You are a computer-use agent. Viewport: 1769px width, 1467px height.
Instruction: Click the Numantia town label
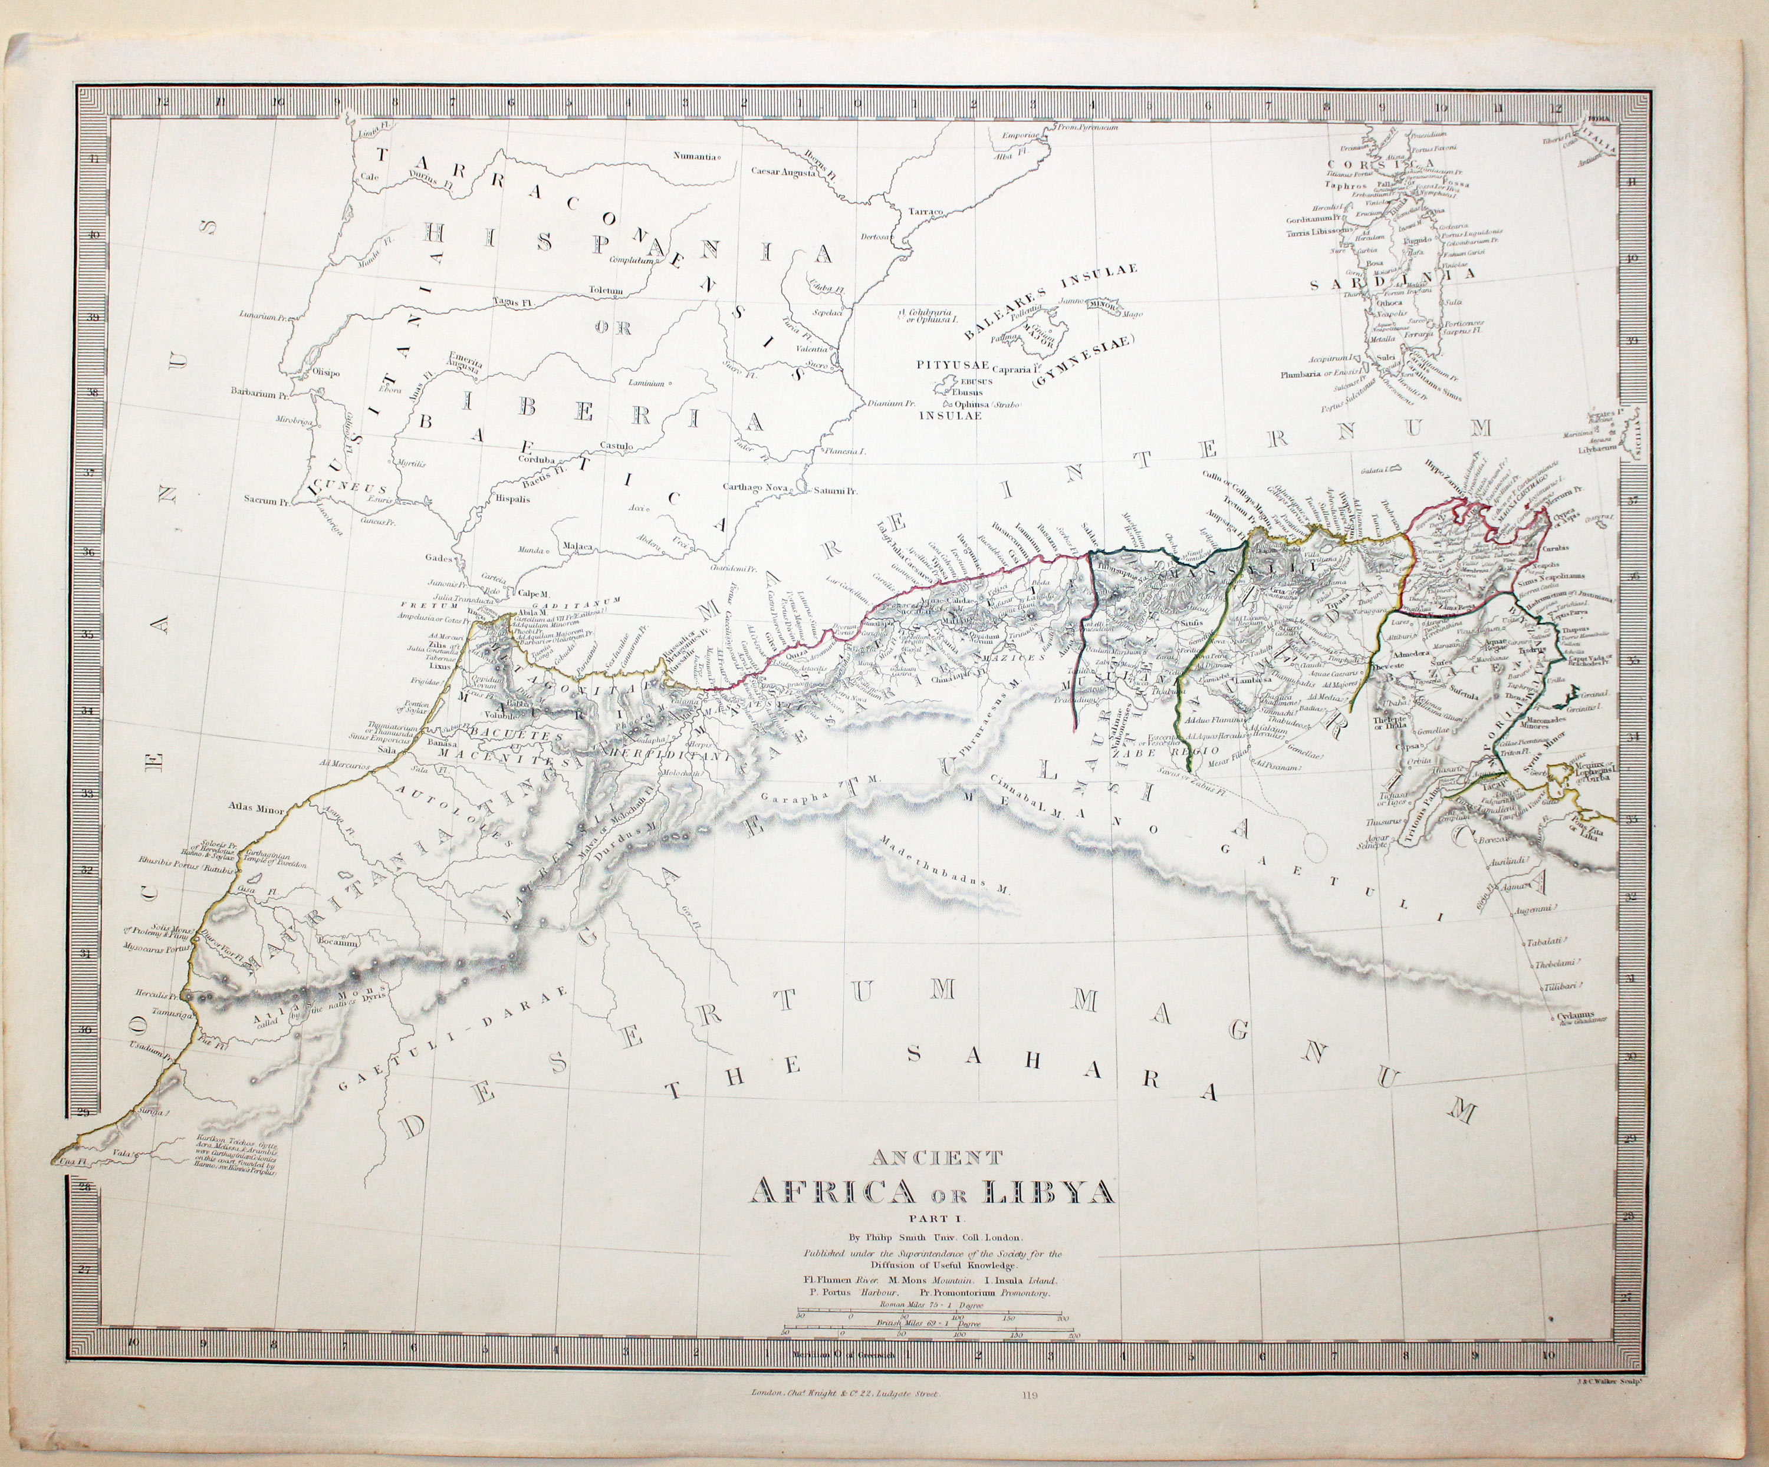(695, 156)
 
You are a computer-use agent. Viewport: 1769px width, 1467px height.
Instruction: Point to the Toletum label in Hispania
(606, 291)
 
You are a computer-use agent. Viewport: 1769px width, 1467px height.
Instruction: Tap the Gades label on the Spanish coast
(439, 558)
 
